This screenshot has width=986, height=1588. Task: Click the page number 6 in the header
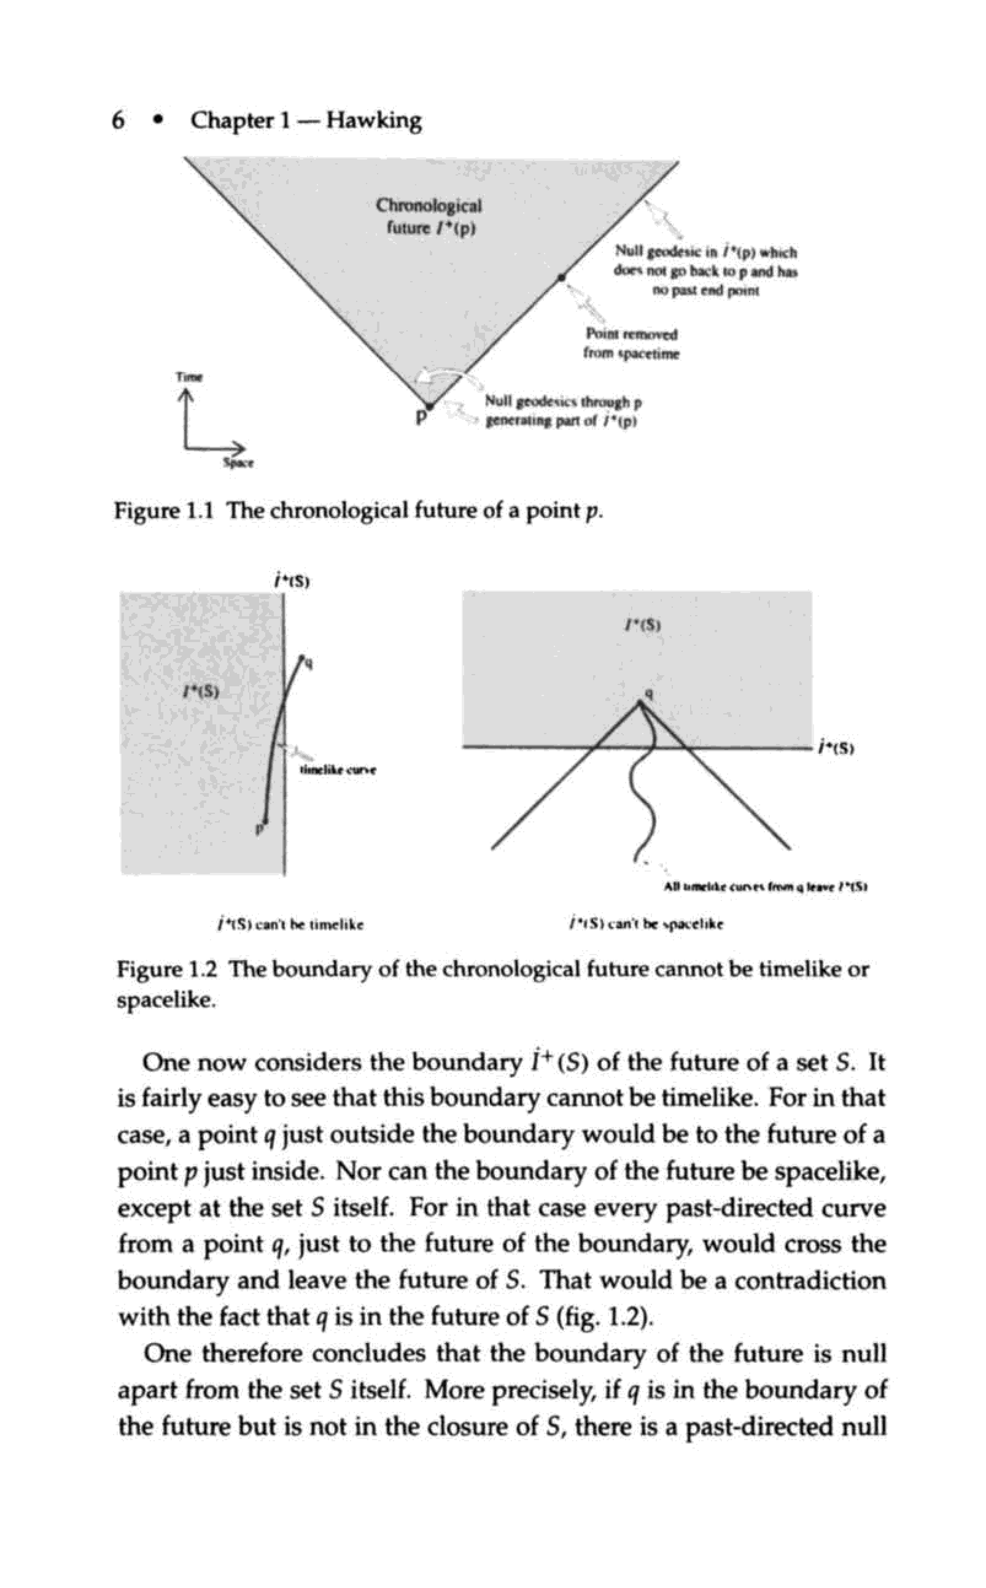(x=118, y=120)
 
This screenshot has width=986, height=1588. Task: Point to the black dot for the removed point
(x=561, y=277)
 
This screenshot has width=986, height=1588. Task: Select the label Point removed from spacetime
(x=631, y=344)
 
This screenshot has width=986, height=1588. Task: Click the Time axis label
(x=189, y=377)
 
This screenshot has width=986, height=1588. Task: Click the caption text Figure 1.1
(x=164, y=511)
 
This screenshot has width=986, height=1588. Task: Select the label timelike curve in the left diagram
(x=337, y=770)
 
